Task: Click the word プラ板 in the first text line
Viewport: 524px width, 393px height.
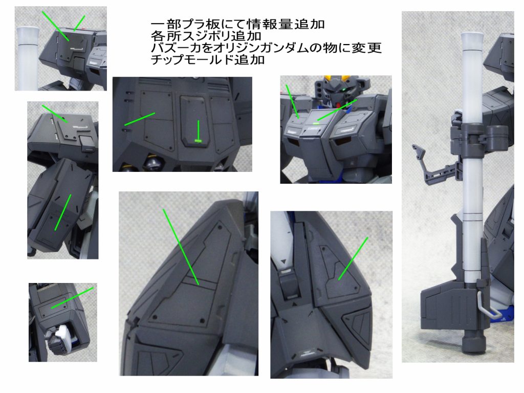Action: click(x=202, y=24)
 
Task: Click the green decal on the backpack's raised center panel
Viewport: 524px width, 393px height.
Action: click(x=198, y=141)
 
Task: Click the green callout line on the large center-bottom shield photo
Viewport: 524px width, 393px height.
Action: click(x=181, y=247)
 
